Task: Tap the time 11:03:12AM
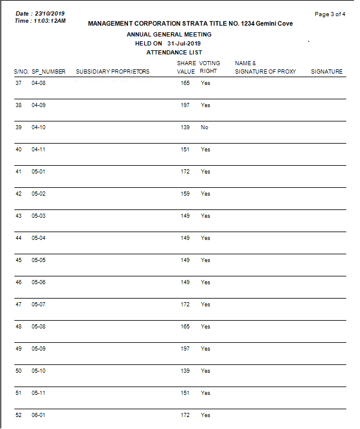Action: click(48, 21)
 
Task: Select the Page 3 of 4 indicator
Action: click(330, 14)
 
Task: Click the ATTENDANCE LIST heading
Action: click(174, 53)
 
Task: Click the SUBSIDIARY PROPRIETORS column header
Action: click(112, 72)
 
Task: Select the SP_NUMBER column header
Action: click(48, 72)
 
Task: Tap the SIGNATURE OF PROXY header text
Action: click(265, 72)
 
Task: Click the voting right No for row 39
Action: click(205, 127)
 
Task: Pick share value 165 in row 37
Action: click(185, 83)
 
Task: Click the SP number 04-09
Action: click(38, 105)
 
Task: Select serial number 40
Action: click(19, 150)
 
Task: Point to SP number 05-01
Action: click(38, 172)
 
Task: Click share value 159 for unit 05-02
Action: click(185, 194)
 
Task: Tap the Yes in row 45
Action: click(206, 260)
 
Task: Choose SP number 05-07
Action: click(38, 305)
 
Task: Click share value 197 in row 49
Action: click(185, 349)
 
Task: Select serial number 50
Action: click(19, 371)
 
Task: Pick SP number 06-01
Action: click(38, 415)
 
